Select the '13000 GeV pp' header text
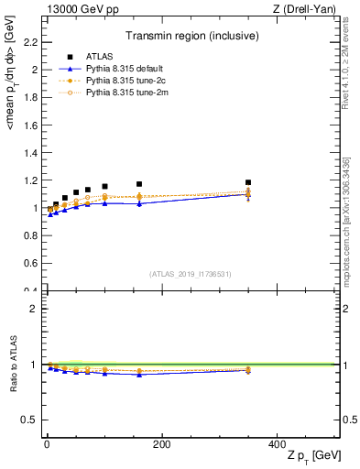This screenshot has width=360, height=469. pyautogui.click(x=78, y=9)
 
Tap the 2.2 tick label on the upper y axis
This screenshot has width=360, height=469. pyautogui.click(x=29, y=42)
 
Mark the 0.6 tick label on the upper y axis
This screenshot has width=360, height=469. pyautogui.click(x=29, y=264)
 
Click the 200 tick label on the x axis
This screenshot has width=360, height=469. pyautogui.click(x=161, y=444)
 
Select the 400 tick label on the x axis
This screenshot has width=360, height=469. pyautogui.click(x=277, y=444)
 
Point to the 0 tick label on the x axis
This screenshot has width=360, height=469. pyautogui.click(x=47, y=444)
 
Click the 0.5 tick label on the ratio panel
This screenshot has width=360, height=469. pyautogui.click(x=29, y=420)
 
